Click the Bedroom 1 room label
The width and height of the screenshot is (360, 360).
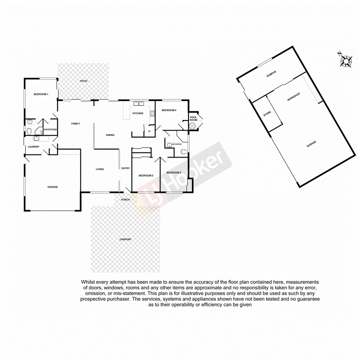(41, 94)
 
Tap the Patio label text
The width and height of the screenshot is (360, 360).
(83, 81)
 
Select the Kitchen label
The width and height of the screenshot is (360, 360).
(138, 113)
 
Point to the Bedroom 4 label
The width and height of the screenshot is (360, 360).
(169, 110)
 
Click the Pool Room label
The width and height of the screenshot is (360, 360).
(193, 118)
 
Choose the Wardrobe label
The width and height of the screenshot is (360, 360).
(50, 129)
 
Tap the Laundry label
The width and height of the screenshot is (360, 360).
(33, 146)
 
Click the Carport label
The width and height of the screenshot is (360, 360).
(126, 239)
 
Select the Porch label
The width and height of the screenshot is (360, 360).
(125, 200)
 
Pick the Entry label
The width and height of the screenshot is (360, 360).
(126, 168)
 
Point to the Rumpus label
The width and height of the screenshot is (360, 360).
(271, 75)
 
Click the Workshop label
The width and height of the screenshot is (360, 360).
(294, 97)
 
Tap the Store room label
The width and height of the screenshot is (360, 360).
(267, 114)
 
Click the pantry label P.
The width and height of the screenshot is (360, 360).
(149, 132)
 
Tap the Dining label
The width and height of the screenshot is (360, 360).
(110, 135)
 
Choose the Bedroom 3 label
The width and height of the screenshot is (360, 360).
(174, 172)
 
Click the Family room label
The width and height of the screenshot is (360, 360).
(75, 124)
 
